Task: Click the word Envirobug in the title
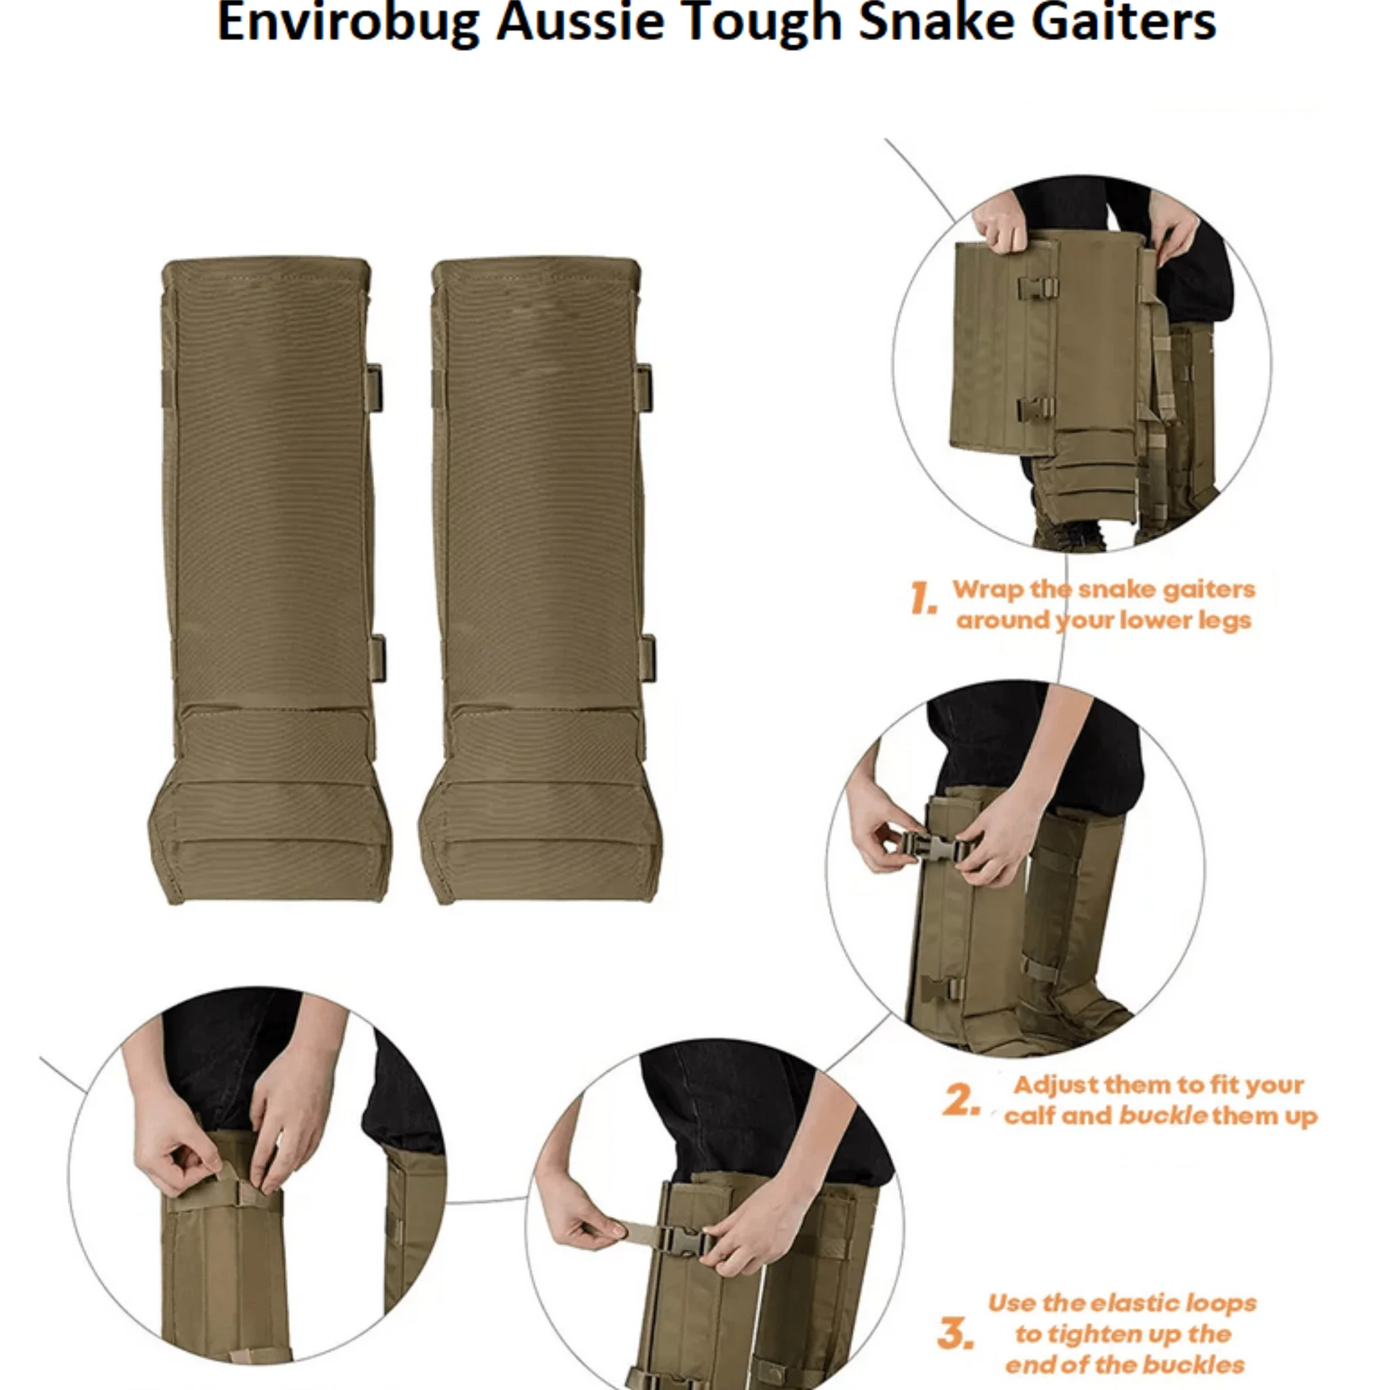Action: point(347,23)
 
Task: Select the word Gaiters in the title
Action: point(1123,23)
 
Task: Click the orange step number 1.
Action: point(922,599)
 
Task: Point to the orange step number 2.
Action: point(961,1100)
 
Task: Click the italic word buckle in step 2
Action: point(1163,1116)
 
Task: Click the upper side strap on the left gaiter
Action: point(374,388)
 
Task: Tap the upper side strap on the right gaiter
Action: point(644,388)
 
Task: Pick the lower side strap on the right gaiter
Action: point(647,658)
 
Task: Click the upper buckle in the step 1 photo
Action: point(1038,288)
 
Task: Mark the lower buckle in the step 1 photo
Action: point(1036,409)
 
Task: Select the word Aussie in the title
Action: point(579,23)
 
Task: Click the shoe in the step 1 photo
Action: point(1070,534)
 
